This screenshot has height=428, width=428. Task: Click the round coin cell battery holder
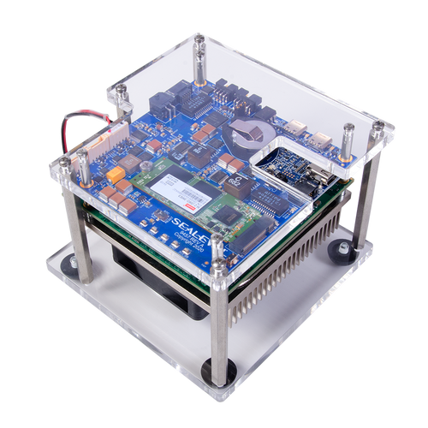[249, 131]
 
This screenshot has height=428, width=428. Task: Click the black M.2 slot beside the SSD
[253, 230]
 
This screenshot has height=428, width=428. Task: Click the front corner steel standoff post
[220, 317]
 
